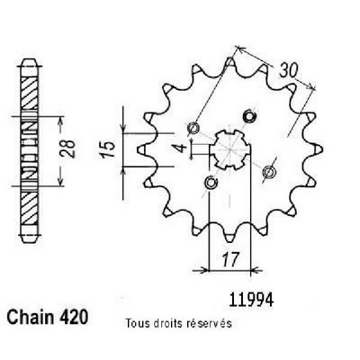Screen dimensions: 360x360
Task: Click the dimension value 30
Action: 289,71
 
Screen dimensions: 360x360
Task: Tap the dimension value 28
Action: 68,148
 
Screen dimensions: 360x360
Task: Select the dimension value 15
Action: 108,149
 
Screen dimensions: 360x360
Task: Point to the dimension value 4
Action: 181,148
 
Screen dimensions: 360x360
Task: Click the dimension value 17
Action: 230,259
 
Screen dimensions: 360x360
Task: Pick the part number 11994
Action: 251,300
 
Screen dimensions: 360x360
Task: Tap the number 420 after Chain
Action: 73,317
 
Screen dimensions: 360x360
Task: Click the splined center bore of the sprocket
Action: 229,149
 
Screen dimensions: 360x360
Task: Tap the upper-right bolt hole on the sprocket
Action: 248,115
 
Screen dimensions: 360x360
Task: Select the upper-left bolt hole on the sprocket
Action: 193,129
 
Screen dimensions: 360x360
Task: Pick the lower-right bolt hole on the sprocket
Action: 269,171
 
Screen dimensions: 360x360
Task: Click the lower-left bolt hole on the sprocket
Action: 211,183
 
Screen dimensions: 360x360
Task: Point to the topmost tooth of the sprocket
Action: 229,63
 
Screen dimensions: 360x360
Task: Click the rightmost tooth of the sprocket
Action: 317,148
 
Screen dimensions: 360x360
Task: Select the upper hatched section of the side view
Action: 30,91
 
